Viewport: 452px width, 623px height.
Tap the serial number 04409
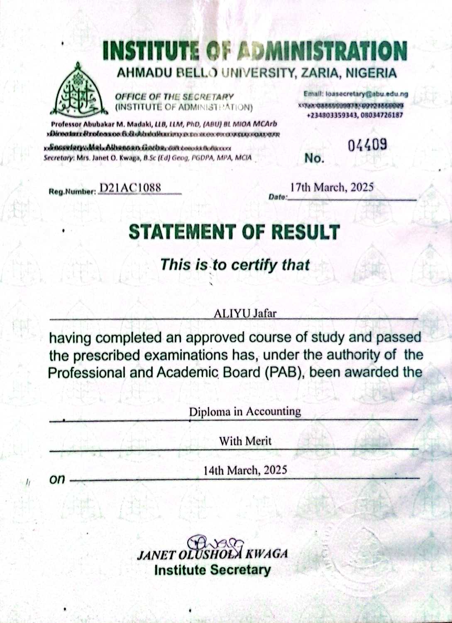tap(368, 145)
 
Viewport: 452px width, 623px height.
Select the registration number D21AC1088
tap(130, 188)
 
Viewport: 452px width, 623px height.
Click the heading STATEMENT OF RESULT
tap(234, 232)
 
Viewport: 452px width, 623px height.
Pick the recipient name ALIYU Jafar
tap(245, 313)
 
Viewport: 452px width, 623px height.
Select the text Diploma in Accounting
tap(245, 412)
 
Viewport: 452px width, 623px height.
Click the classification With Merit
tap(245, 441)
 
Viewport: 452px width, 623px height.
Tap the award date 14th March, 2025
tap(245, 470)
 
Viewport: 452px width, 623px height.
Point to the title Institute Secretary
tap(212, 570)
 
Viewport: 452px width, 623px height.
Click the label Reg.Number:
tap(72, 191)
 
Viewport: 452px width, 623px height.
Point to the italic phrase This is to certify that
tap(235, 265)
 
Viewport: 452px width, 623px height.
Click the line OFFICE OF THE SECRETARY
tap(174, 97)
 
